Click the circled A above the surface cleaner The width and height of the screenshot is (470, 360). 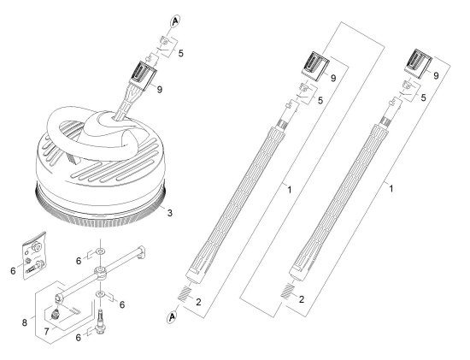[175, 21]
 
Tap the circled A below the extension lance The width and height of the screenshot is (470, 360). [172, 317]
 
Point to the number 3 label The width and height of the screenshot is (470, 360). [170, 213]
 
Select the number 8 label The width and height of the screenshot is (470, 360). [24, 322]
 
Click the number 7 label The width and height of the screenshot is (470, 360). [46, 332]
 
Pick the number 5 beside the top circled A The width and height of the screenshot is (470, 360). [181, 53]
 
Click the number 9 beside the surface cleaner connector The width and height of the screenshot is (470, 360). [160, 90]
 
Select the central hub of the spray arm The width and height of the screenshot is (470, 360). [100, 272]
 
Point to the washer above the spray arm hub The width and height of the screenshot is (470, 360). [100, 250]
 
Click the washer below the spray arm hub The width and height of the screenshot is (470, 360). [100, 294]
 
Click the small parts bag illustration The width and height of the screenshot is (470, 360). [34, 256]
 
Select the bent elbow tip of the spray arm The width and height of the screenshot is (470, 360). [142, 251]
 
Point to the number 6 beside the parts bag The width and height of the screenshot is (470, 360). [13, 271]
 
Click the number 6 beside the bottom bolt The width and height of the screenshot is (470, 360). [79, 338]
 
